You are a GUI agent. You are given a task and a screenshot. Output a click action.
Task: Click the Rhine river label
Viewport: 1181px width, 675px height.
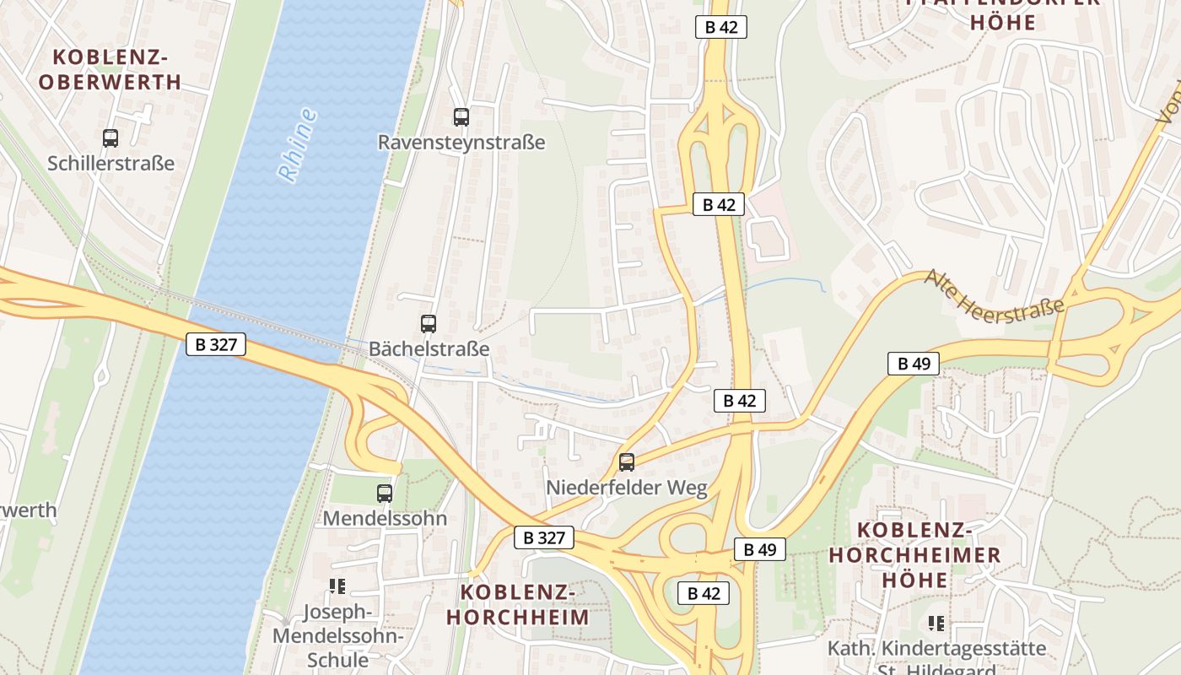[298, 144]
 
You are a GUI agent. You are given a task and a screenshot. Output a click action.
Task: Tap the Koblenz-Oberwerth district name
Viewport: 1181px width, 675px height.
[110, 70]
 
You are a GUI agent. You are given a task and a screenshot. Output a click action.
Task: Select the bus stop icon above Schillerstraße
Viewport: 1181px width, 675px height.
[111, 138]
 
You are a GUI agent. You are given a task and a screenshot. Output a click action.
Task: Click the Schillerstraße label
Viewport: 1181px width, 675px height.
[111, 163]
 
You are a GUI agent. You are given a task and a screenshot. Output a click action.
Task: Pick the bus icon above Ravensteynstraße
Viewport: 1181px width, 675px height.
[461, 117]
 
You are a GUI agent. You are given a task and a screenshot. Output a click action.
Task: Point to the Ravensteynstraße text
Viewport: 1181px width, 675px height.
[461, 142]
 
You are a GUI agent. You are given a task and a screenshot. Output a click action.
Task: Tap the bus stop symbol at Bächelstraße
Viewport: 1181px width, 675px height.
[429, 323]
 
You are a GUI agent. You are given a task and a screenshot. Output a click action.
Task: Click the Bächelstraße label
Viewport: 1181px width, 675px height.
[429, 348]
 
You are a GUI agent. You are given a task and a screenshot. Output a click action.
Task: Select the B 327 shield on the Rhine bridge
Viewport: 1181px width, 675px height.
[216, 343]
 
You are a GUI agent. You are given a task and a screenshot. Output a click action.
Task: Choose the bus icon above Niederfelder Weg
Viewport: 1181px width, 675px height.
[626, 462]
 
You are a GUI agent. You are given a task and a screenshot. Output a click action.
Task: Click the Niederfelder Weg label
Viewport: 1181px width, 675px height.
[626, 488]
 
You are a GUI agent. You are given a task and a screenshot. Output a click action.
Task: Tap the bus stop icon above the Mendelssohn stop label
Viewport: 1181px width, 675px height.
[385, 493]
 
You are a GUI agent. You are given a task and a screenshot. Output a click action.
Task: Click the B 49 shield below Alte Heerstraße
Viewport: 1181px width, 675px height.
[914, 364]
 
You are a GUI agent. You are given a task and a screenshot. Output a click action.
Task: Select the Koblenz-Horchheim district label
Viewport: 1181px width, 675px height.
[518, 604]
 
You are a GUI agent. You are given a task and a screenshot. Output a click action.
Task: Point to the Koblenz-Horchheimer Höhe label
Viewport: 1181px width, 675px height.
[915, 555]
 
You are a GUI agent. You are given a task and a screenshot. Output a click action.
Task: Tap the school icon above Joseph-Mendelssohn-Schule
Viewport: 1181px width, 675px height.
[338, 586]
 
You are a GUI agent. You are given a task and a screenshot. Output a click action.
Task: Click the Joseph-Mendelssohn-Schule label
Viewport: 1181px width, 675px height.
[337, 635]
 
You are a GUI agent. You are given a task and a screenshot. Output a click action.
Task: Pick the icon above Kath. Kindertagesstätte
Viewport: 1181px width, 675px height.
[936, 624]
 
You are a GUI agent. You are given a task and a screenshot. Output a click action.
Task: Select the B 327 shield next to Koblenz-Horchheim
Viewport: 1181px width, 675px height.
[544, 537]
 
